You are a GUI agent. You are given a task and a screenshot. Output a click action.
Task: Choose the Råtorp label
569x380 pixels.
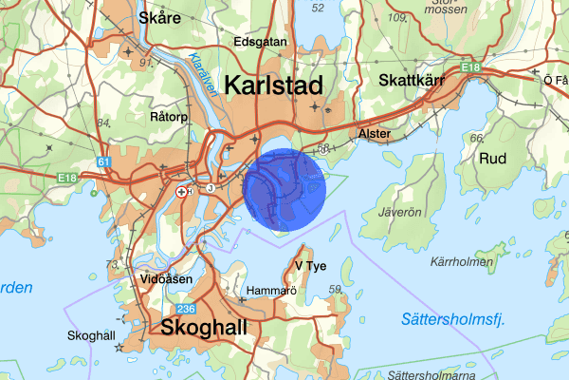pos(171,116)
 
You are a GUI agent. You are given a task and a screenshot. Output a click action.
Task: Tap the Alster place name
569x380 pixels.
pos(374,135)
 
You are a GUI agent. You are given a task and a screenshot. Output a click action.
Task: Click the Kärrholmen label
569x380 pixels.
pos(462,260)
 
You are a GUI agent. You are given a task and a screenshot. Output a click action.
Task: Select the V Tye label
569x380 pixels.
pos(311,265)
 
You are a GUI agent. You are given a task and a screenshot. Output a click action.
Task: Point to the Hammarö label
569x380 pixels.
pos(271,291)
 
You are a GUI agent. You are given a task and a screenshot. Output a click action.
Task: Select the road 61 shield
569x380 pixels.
pos(103,163)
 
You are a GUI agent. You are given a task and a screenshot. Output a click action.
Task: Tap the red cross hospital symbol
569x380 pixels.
pos(181,191)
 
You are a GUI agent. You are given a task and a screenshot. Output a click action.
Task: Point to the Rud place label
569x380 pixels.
pos(493,158)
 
